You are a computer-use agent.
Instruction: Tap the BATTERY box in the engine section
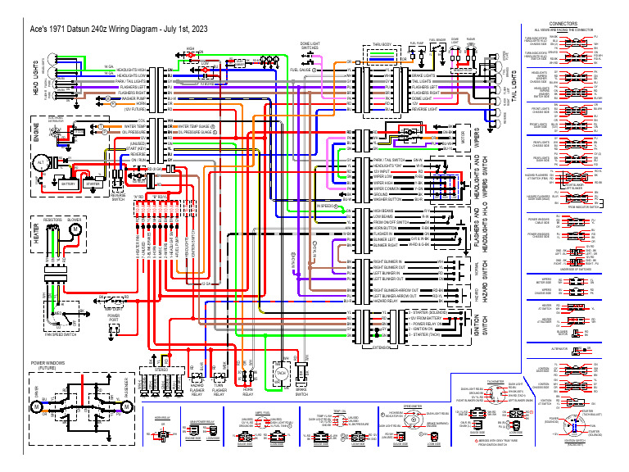[68, 184]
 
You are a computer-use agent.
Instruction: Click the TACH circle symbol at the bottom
[281, 373]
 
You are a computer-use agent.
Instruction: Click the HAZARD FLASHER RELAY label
[197, 391]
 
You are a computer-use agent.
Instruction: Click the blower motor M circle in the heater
[73, 229]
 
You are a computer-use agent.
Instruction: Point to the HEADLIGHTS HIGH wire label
[131, 70]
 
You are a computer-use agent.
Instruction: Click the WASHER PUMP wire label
[134, 98]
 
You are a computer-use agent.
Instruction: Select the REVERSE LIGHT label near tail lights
[423, 108]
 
